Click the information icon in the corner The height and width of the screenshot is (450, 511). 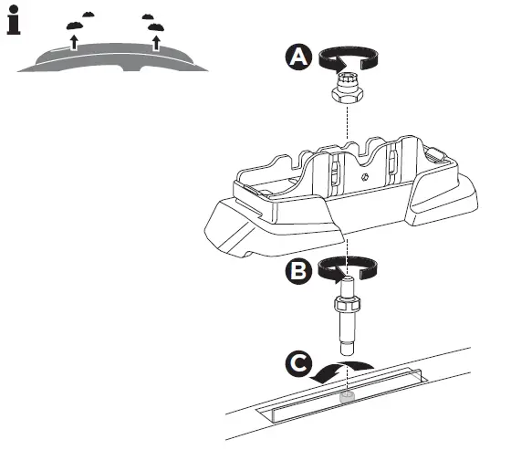coord(13,22)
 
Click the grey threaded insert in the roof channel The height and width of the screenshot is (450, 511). coord(347,399)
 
